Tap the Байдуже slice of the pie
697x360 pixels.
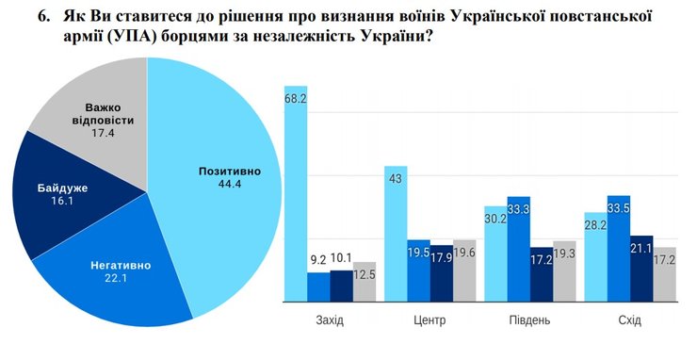pos(52,198)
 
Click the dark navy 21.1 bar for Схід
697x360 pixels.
pos(642,270)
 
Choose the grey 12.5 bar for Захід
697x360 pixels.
pos(364,282)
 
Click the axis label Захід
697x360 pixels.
pos(329,320)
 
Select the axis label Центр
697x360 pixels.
pos(430,320)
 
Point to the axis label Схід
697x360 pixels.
pos(629,320)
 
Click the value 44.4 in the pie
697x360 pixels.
pos(229,185)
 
